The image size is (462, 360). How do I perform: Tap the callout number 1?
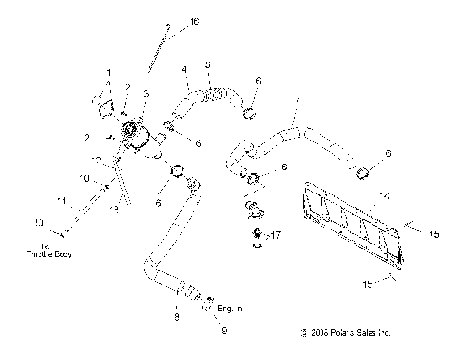tap(109, 73)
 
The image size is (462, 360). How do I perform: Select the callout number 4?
tap(184, 68)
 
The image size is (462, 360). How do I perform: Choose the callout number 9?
tap(224, 330)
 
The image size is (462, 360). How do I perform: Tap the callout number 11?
tap(62, 201)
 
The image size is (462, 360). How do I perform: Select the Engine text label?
tap(230, 308)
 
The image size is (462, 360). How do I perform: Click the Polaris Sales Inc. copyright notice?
tap(346, 333)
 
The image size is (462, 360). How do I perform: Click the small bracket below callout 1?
tap(104, 97)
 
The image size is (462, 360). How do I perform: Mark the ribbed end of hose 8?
tap(191, 292)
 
